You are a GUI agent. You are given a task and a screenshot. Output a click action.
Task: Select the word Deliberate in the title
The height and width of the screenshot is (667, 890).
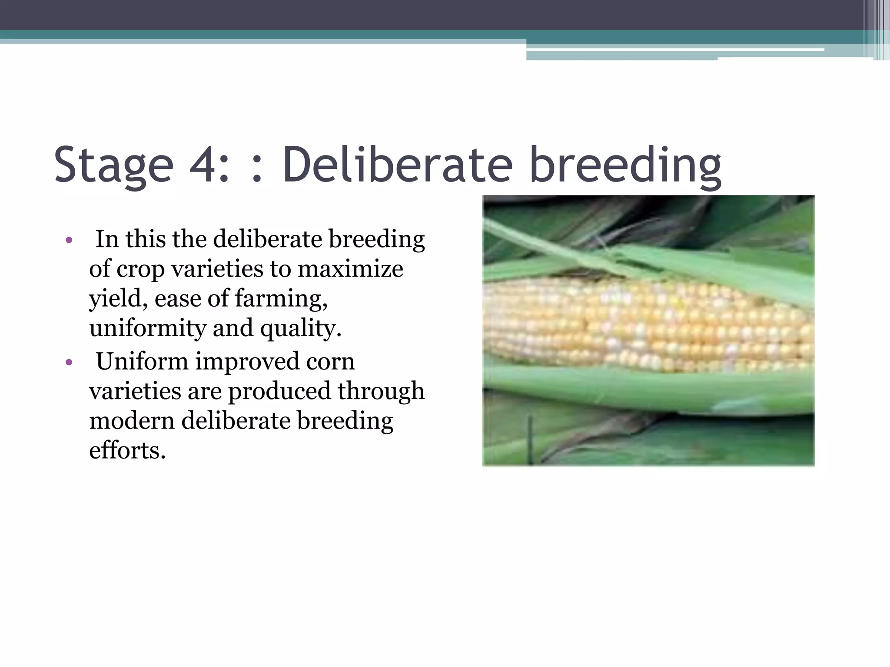pos(398,165)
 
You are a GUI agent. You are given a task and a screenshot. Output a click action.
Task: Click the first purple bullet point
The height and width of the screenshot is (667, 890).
pos(69,240)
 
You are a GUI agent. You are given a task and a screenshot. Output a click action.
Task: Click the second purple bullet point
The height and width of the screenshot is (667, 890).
pos(69,362)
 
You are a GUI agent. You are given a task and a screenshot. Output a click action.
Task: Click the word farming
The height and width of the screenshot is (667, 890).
pos(280,299)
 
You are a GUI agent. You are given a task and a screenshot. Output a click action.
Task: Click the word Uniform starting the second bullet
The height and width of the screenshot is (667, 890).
pos(142,361)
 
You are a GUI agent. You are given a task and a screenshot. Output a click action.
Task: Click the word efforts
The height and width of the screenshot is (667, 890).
pos(127,450)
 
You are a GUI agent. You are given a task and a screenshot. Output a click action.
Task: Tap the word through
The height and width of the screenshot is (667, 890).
pos(381,391)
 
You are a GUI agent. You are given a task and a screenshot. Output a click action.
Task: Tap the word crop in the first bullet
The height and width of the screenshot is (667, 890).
pos(140,270)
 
